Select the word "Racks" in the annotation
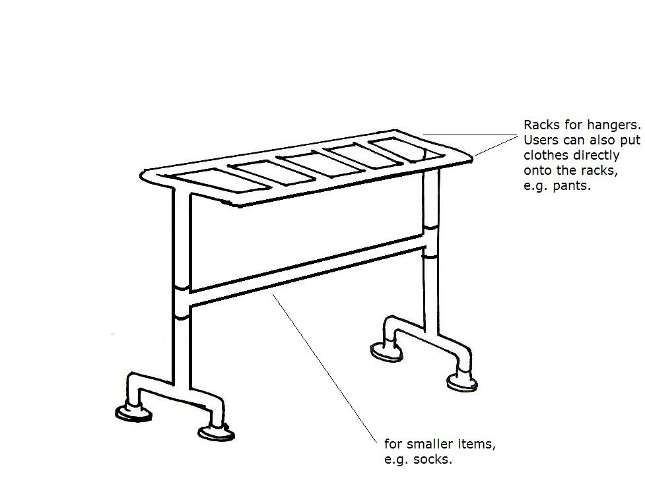click(540, 125)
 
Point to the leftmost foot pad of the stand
click(133, 413)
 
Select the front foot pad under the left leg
click(216, 433)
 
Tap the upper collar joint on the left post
click(181, 289)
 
